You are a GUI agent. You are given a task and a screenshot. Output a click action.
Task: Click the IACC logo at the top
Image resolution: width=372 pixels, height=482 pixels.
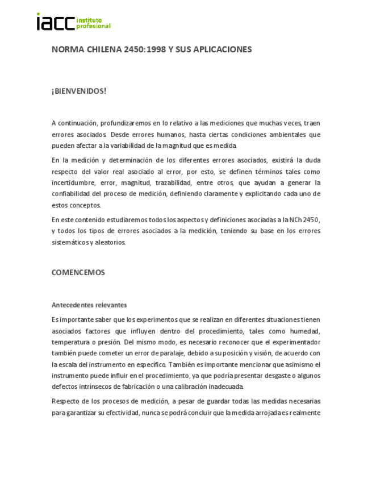(73, 22)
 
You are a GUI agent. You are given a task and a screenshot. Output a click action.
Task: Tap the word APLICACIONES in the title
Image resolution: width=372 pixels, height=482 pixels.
(222, 49)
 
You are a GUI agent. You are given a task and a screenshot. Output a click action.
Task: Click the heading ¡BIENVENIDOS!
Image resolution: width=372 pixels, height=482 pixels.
(79, 91)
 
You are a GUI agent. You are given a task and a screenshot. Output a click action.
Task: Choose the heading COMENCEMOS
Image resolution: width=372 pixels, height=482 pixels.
(78, 272)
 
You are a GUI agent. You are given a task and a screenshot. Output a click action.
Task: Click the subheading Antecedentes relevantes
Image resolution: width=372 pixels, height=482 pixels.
(89, 305)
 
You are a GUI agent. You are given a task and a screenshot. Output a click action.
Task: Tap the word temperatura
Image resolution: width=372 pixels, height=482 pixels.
(70, 343)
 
